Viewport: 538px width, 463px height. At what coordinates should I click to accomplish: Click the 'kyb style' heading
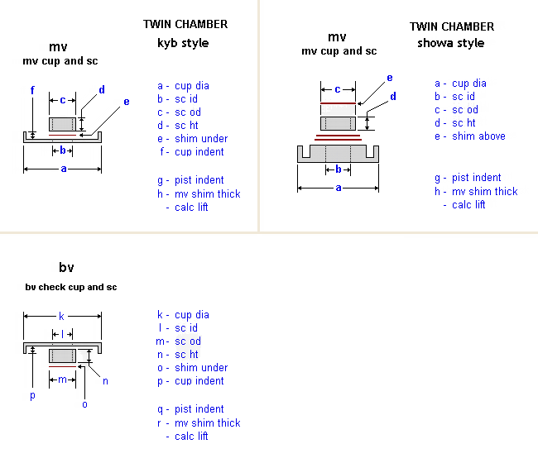[183, 43]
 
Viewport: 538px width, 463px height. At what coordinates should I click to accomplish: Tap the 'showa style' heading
[450, 43]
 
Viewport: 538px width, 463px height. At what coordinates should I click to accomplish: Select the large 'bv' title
[66, 267]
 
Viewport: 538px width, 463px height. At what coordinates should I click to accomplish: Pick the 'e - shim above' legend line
[469, 136]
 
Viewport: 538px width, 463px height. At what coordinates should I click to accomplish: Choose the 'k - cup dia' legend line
[183, 315]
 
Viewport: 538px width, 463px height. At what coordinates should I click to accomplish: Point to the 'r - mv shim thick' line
[198, 422]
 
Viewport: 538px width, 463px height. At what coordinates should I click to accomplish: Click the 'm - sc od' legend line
[178, 341]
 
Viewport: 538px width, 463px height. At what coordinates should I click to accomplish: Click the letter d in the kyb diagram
[102, 90]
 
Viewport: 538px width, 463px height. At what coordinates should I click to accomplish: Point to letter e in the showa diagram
[389, 78]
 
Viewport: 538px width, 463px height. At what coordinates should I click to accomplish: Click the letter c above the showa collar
[337, 88]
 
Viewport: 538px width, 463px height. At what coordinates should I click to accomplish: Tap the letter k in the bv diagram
[61, 316]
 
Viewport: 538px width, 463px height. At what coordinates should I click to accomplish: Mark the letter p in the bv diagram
[32, 395]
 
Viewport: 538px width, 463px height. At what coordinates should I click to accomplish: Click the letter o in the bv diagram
[84, 403]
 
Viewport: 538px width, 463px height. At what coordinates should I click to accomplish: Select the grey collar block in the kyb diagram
[62, 124]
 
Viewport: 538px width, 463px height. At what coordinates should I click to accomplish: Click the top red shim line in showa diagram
[338, 103]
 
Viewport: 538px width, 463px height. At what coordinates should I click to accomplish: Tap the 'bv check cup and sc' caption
[70, 287]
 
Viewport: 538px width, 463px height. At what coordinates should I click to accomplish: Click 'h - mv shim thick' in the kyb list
[199, 193]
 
